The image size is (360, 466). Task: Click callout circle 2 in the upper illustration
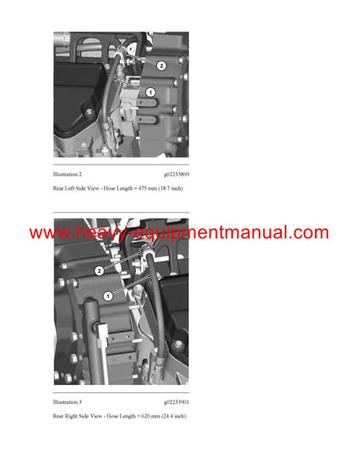point(161,66)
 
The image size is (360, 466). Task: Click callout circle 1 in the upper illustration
point(150,93)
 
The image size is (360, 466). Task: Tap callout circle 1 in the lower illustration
point(107,295)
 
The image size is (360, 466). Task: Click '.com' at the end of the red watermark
point(311,233)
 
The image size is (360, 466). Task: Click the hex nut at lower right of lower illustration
point(176,345)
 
